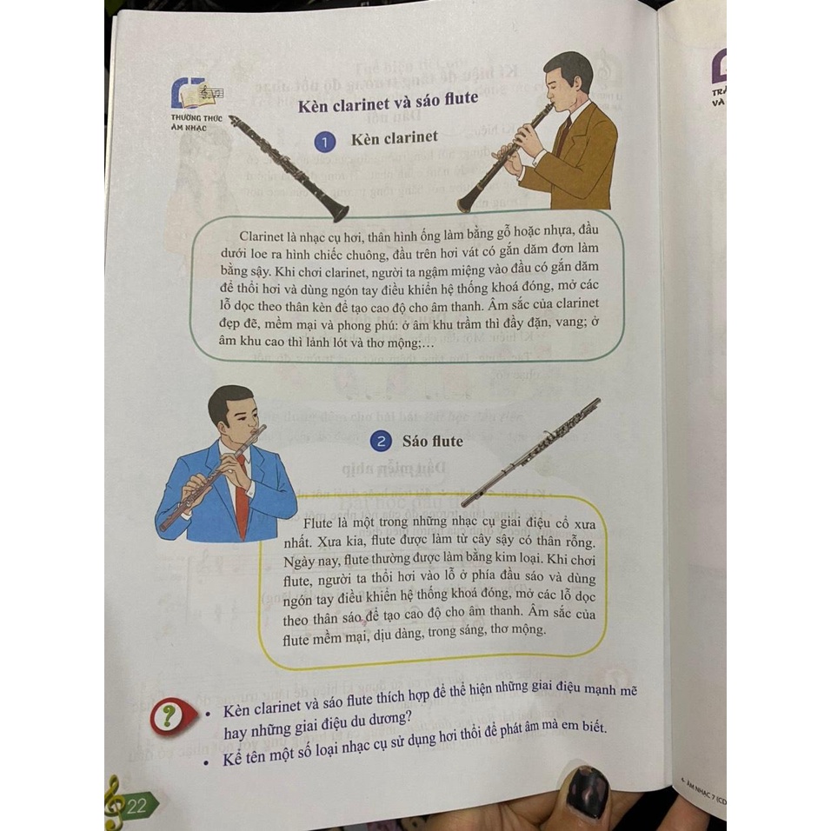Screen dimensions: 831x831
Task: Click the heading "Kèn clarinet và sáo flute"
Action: (x=388, y=103)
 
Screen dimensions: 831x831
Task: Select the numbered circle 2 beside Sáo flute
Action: (x=380, y=442)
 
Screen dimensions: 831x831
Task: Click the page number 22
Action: (x=136, y=805)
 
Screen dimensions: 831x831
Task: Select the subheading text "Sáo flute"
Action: (x=433, y=442)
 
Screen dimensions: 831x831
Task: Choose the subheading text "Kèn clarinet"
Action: (x=394, y=139)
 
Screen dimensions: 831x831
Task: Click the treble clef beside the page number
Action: (x=112, y=801)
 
